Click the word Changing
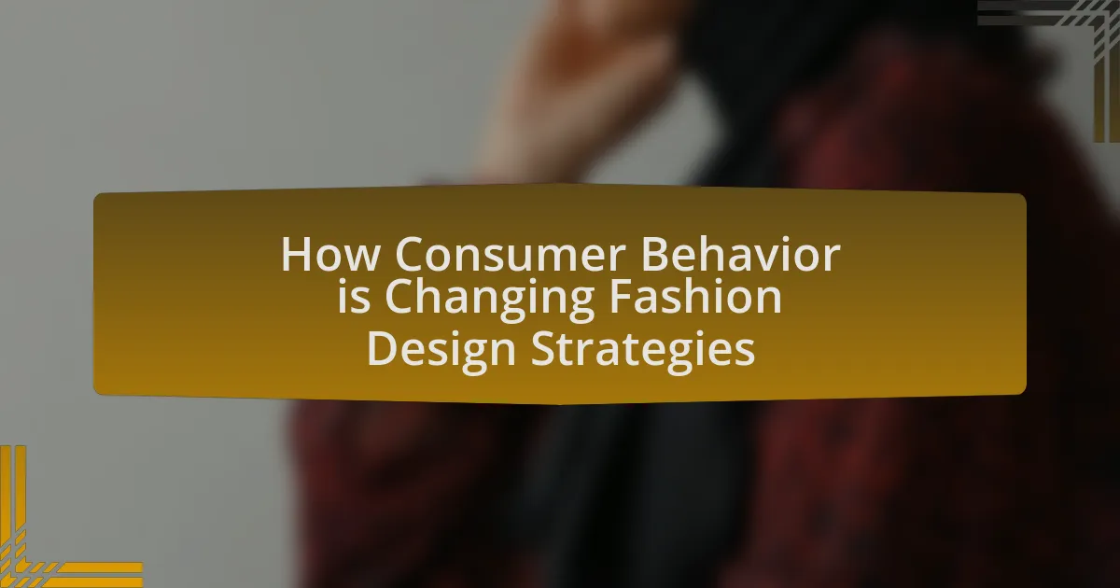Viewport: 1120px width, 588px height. (x=489, y=300)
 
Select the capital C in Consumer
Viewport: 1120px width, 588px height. (x=409, y=254)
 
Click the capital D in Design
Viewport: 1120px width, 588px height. (x=383, y=349)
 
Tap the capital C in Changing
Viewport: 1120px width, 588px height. (x=399, y=296)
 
